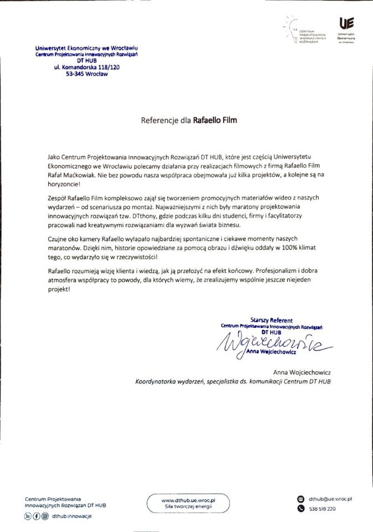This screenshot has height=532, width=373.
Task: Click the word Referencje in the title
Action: coord(160,119)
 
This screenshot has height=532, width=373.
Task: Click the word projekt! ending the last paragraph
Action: coord(60,290)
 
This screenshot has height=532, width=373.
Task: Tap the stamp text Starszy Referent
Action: coord(272,320)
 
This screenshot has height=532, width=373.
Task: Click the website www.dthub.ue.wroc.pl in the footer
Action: coord(188,500)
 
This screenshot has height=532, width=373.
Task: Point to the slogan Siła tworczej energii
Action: coord(188,507)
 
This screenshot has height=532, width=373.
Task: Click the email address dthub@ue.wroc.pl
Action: coord(331,499)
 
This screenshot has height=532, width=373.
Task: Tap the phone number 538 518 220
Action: coord(323,509)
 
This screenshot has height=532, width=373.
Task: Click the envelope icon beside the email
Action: coord(301,499)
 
